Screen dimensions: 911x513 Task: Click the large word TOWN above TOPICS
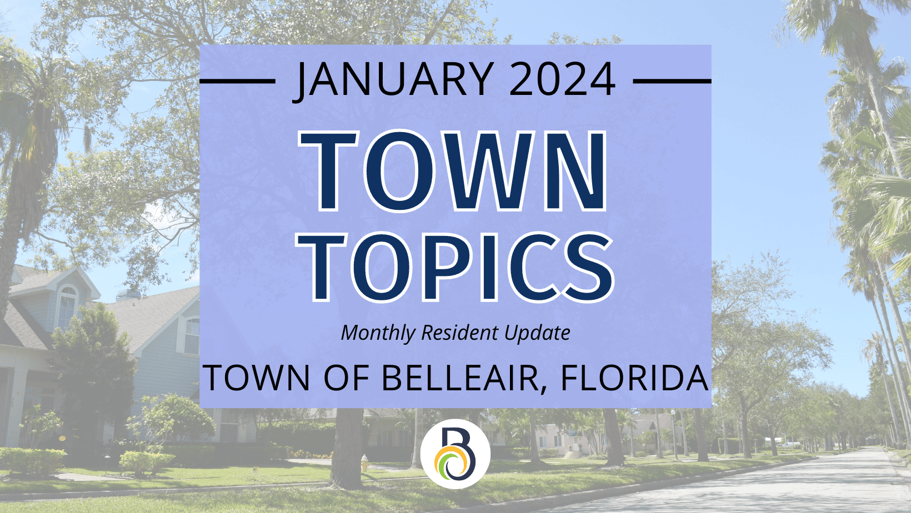(x=453, y=171)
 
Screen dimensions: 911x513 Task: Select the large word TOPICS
(x=455, y=268)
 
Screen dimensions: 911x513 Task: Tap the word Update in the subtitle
(x=537, y=333)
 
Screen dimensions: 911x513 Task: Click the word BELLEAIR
(x=459, y=378)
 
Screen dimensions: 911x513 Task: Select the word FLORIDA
(x=634, y=378)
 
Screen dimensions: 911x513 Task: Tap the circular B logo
(x=455, y=454)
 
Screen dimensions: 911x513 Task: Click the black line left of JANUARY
(x=238, y=81)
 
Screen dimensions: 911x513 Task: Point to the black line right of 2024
(x=672, y=81)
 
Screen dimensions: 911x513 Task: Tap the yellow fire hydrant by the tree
(x=364, y=463)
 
